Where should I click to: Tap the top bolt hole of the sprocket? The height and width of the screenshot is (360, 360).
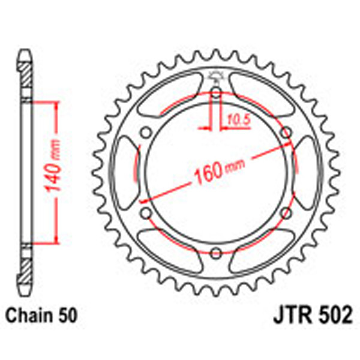click(x=216, y=93)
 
